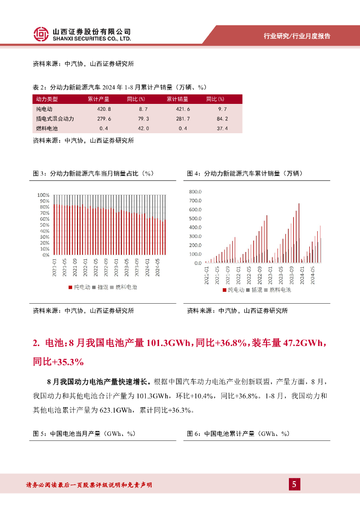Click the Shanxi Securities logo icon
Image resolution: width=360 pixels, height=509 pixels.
[41, 34]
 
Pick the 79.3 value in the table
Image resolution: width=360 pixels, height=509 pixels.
[143, 119]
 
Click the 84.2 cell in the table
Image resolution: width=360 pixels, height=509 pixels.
[222, 119]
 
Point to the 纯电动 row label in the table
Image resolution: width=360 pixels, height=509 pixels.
[44, 109]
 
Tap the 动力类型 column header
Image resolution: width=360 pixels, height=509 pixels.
[47, 99]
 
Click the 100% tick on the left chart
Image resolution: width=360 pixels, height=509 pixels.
[44, 195]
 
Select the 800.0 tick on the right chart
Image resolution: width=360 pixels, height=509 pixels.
[195, 191]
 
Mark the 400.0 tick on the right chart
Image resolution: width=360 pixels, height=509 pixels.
[195, 227]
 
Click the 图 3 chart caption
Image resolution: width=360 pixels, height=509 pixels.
[92, 173]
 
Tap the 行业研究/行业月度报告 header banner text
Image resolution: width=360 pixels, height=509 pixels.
[297, 36]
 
